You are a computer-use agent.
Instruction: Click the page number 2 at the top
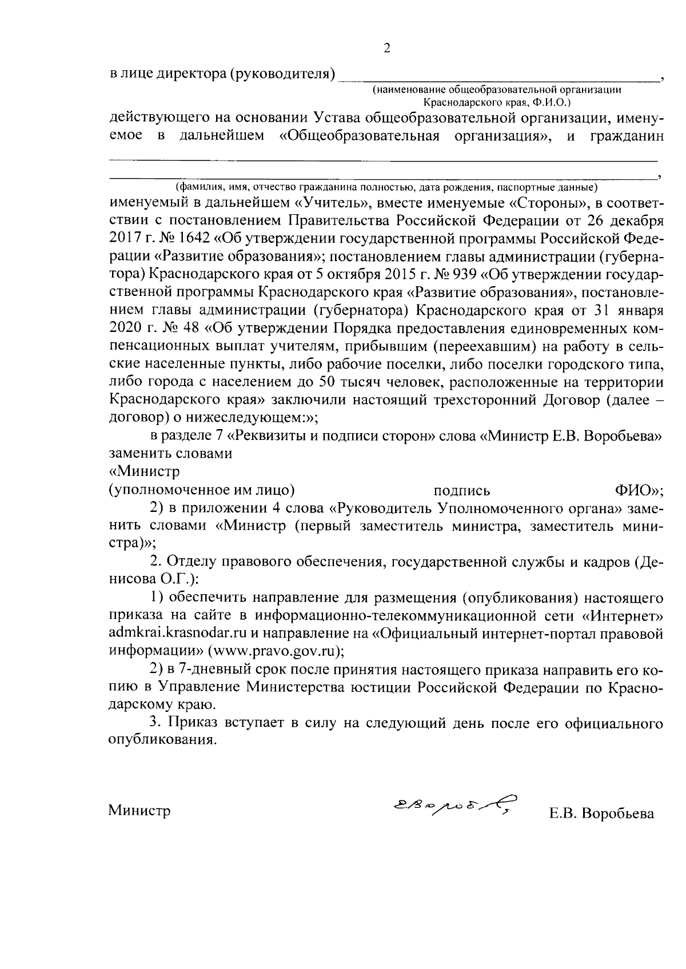point(387,49)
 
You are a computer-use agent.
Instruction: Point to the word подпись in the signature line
point(462,491)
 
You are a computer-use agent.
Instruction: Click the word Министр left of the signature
point(140,811)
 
